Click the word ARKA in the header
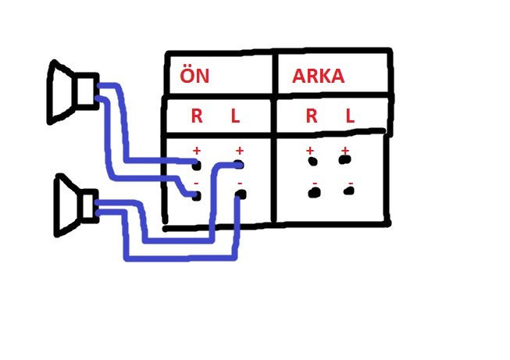tap(318, 76)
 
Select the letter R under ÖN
tap(197, 116)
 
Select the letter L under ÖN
tap(235, 116)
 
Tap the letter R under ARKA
tap(312, 116)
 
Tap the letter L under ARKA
tap(350, 116)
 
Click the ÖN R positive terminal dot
tap(197, 165)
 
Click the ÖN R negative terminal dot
tap(197, 196)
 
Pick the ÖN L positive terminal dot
tap(239, 165)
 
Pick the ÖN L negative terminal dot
tap(241, 194)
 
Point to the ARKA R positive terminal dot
tap(312, 161)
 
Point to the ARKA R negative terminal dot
tap(314, 192)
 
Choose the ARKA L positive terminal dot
tap(344, 159)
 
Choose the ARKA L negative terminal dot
tap(348, 191)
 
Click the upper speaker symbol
tap(73, 92)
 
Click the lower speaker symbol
tap(77, 205)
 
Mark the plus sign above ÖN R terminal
tap(197, 151)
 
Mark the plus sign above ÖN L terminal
tap(240, 151)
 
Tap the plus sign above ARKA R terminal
tap(310, 151)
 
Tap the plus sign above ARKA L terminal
tap(345, 151)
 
